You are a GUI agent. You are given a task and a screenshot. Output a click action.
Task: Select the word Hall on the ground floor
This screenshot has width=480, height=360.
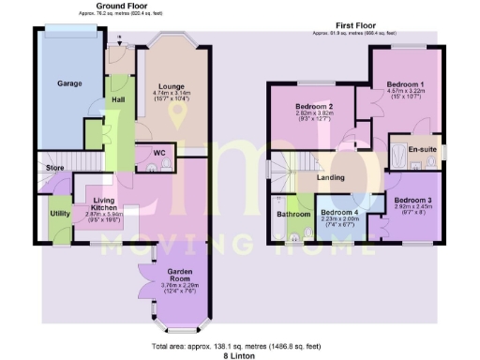click(x=119, y=98)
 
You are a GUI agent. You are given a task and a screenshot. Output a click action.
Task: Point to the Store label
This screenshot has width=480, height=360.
click(x=52, y=167)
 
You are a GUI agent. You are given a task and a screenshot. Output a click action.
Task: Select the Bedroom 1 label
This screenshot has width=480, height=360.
click(x=406, y=84)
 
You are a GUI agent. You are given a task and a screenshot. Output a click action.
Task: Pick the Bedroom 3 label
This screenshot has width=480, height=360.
click(x=412, y=201)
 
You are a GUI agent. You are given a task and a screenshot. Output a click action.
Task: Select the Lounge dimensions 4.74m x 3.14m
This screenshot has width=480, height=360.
click(x=172, y=92)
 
